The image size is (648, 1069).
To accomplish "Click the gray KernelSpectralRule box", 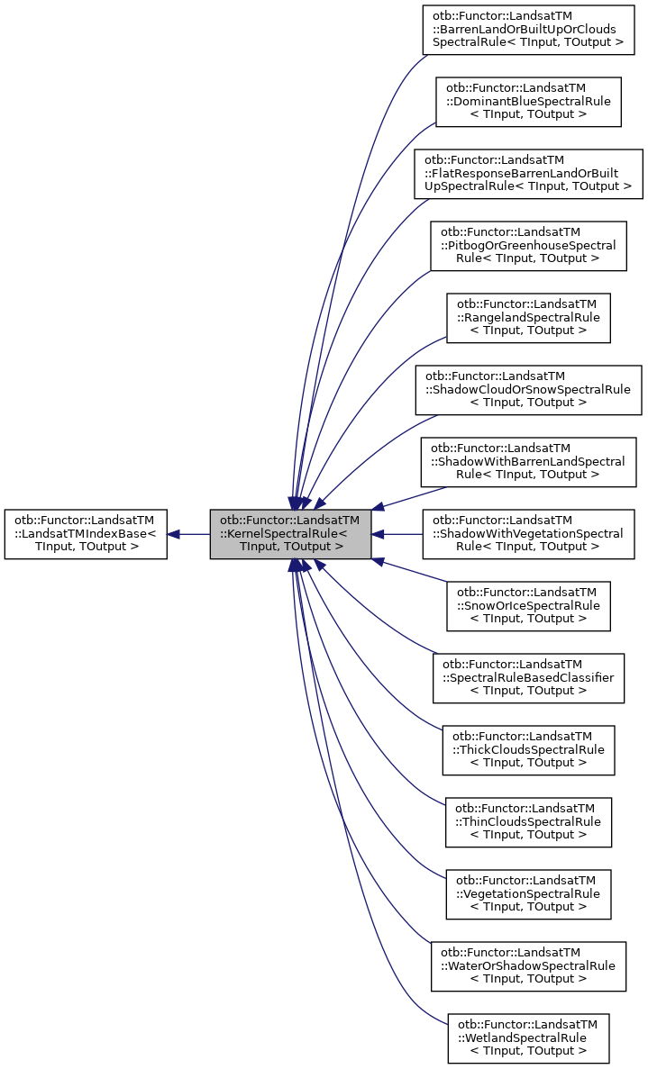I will click(x=290, y=534).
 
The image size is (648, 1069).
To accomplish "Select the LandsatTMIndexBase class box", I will click(x=86, y=534).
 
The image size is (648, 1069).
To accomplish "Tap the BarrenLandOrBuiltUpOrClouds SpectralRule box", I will click(x=528, y=30).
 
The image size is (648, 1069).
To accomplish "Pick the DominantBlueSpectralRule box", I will click(x=528, y=102).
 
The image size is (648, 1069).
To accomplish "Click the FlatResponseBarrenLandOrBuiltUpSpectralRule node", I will click(x=528, y=174).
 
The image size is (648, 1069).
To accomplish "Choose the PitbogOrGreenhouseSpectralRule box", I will click(x=528, y=246).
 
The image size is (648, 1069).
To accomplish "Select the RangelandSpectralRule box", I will click(x=528, y=318).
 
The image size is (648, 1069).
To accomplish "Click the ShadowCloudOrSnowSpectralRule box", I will click(x=528, y=390).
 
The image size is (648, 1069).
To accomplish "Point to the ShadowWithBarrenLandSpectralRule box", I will click(x=528, y=462).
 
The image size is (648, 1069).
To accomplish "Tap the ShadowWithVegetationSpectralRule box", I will click(x=528, y=534).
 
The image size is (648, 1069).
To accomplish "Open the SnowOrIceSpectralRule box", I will click(x=528, y=606).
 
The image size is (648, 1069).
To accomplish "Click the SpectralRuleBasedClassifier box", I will click(x=528, y=678).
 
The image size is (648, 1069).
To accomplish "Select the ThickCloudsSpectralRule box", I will click(x=528, y=750).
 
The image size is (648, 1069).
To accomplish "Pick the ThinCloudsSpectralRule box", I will click(x=528, y=822).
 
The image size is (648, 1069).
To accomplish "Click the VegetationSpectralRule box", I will click(x=528, y=894).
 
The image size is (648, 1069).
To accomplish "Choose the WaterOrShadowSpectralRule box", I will click(x=528, y=966).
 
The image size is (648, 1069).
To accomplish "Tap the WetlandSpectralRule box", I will click(x=528, y=1038).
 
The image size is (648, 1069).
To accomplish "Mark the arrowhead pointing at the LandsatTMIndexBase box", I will click(x=174, y=534).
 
